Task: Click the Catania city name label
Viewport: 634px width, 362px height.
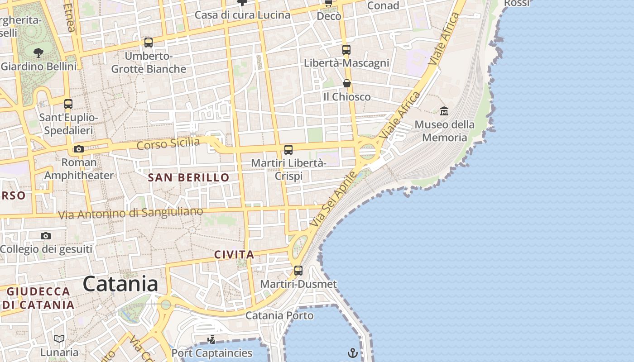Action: (120, 284)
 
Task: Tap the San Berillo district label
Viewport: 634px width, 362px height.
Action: (189, 177)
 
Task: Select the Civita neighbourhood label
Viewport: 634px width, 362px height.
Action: (234, 255)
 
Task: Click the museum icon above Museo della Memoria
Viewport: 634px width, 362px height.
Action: (444, 110)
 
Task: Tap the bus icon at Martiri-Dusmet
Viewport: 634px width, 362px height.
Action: (298, 271)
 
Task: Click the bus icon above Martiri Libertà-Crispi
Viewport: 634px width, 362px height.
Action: (288, 150)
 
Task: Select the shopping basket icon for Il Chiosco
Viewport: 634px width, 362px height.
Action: (347, 83)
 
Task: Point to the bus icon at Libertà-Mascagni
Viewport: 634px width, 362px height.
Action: (346, 50)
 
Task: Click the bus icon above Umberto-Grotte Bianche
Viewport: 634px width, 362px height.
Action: (149, 43)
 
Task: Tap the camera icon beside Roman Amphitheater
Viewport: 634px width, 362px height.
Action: (79, 149)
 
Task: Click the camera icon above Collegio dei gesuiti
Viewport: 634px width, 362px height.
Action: (46, 236)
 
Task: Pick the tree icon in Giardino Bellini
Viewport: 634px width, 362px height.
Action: (38, 53)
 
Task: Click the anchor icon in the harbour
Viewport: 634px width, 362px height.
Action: (353, 353)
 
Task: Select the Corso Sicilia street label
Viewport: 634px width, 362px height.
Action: (168, 144)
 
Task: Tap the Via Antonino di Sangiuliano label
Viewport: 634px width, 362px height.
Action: (131, 213)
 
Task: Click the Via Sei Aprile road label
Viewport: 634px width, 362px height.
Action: (334, 200)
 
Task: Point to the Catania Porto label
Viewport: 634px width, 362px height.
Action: (279, 315)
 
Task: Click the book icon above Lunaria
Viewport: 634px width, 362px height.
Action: (59, 338)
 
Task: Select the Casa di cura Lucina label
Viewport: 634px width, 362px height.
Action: (242, 15)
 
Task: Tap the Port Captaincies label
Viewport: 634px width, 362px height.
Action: (212, 352)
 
